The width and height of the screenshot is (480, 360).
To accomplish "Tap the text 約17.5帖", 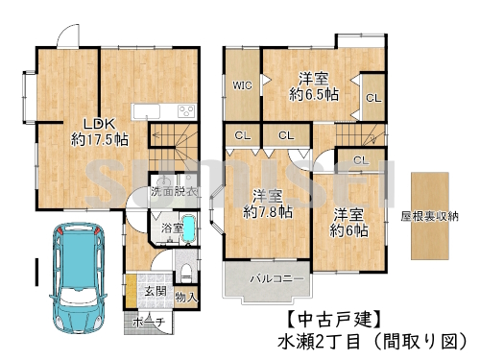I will click(96, 139).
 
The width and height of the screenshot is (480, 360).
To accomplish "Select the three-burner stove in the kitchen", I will click(185, 109).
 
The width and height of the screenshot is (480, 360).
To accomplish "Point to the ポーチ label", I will click(148, 321).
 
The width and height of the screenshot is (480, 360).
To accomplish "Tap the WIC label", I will click(242, 85).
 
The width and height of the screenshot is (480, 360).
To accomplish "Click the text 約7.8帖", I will click(268, 212).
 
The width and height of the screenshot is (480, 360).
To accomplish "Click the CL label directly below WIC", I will click(242, 135).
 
